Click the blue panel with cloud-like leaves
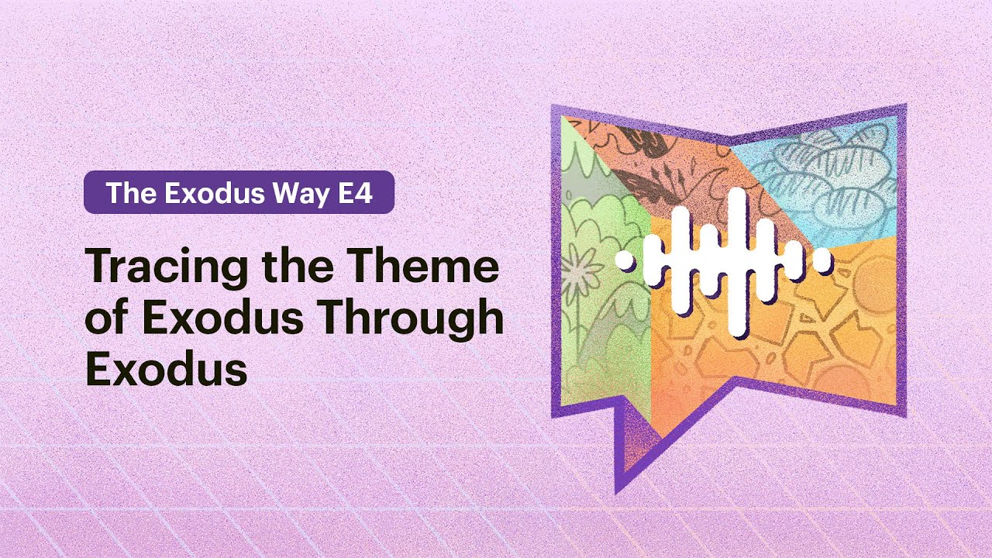tap(821, 178)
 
